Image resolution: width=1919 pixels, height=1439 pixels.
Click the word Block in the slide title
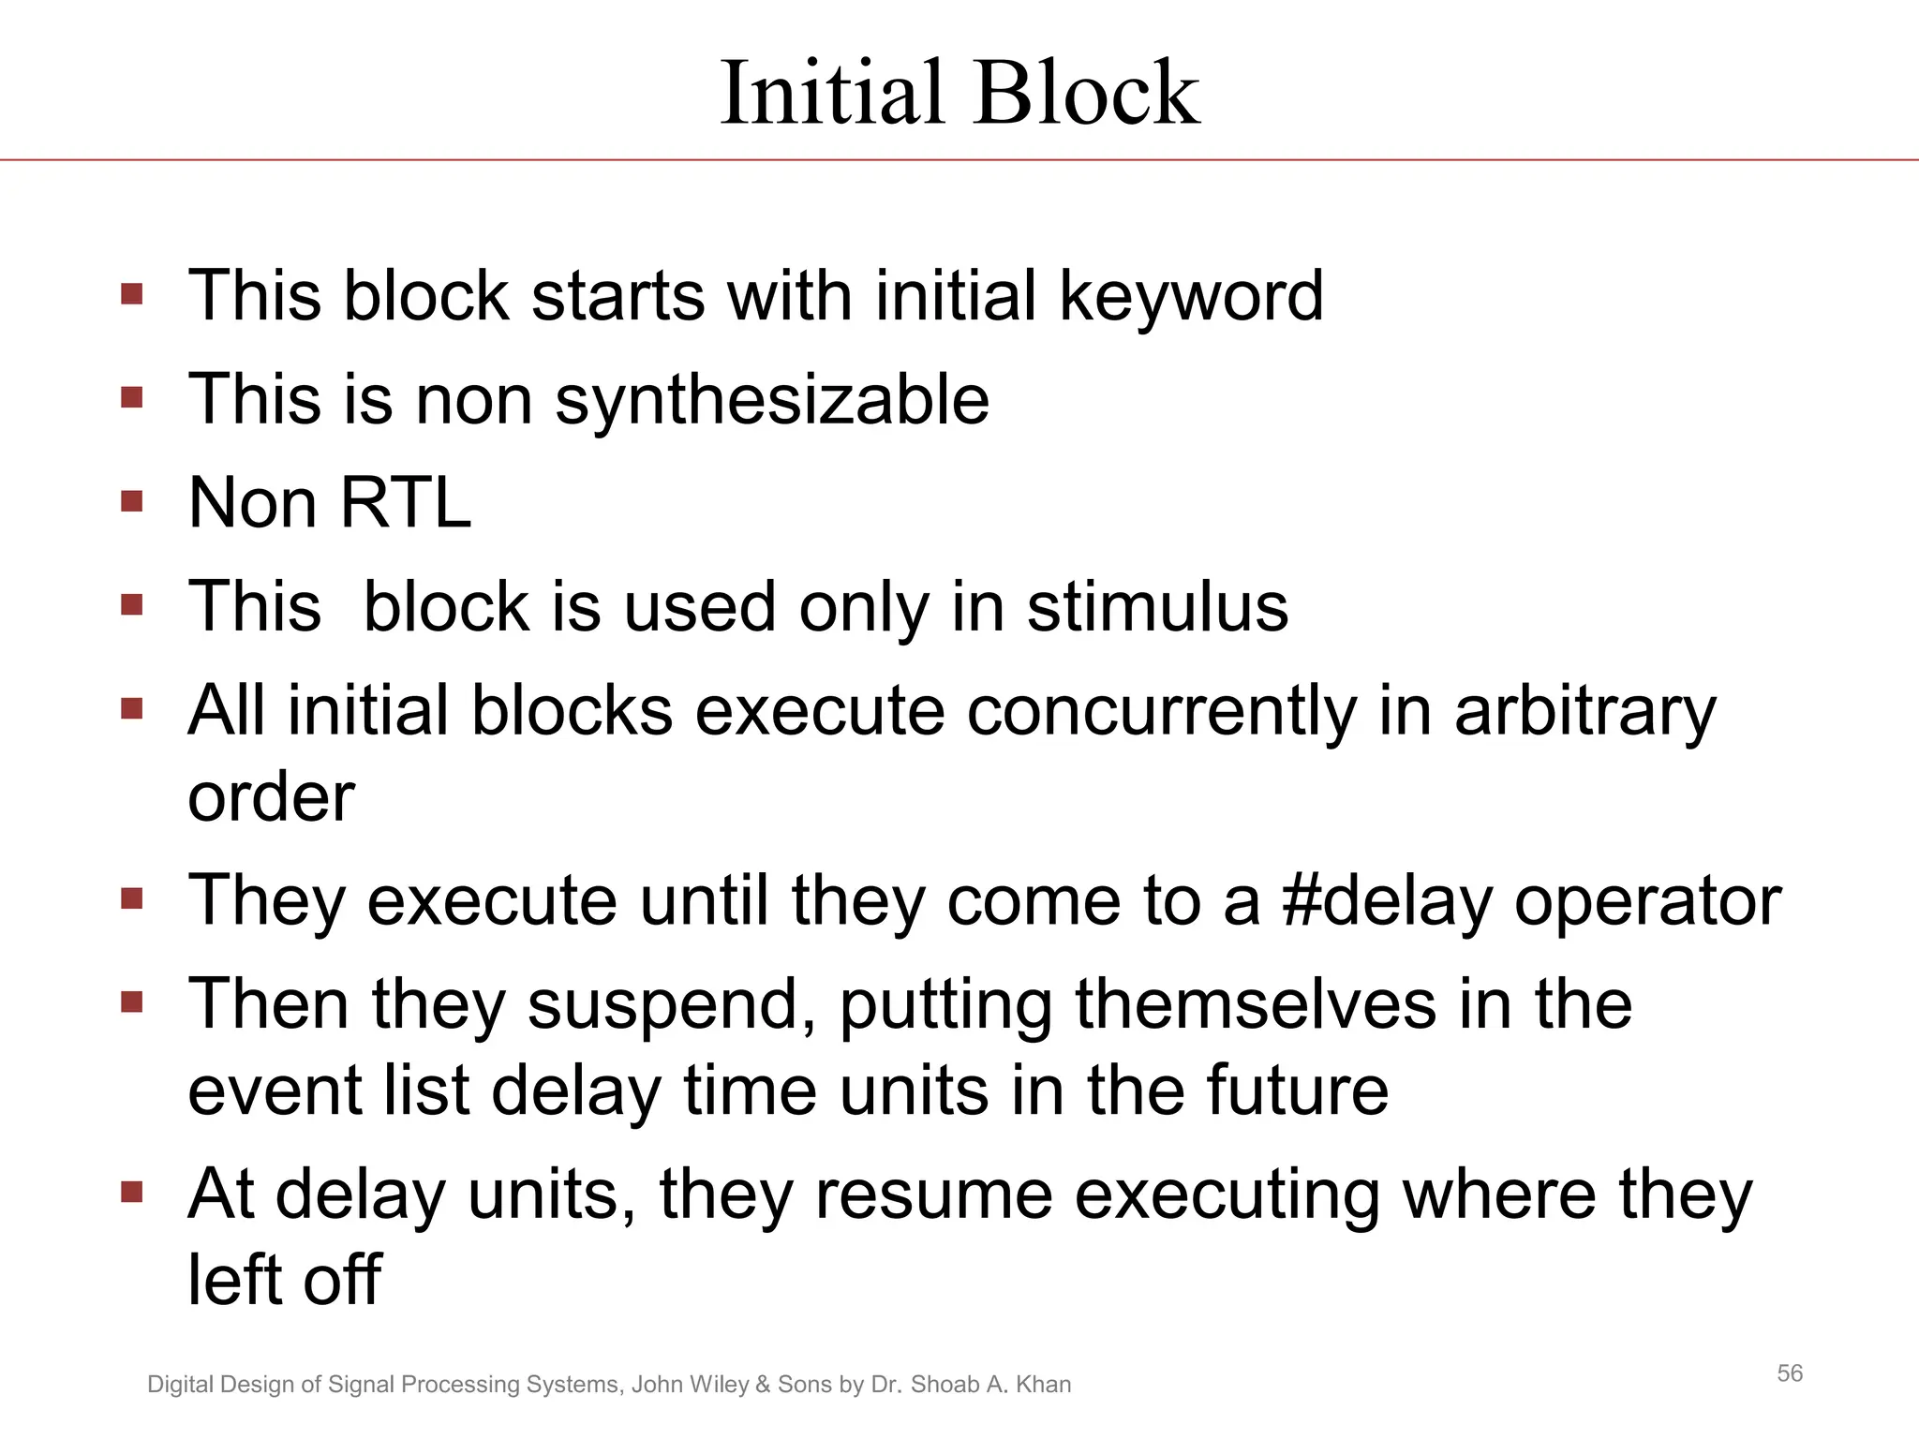click(1087, 93)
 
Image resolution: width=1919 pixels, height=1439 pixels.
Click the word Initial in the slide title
click(831, 93)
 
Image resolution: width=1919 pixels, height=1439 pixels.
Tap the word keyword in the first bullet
click(1191, 297)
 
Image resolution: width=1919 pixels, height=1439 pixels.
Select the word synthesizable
click(771, 401)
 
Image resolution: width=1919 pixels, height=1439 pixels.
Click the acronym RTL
click(405, 503)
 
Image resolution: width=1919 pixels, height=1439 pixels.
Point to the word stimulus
click(1157, 607)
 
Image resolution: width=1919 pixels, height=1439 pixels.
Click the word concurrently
click(1161, 711)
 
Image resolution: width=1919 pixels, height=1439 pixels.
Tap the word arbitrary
click(1584, 711)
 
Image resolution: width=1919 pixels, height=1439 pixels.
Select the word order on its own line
click(271, 797)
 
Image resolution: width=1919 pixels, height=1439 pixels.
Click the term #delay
click(1387, 901)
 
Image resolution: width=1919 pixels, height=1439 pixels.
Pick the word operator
click(1648, 901)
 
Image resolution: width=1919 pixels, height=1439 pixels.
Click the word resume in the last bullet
click(934, 1195)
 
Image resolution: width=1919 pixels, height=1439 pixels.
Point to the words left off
click(284, 1281)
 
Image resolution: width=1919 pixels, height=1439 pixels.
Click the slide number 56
click(1790, 1373)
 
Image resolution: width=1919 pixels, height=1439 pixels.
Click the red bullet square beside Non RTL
click(132, 501)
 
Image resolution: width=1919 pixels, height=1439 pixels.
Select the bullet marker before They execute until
click(132, 899)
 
